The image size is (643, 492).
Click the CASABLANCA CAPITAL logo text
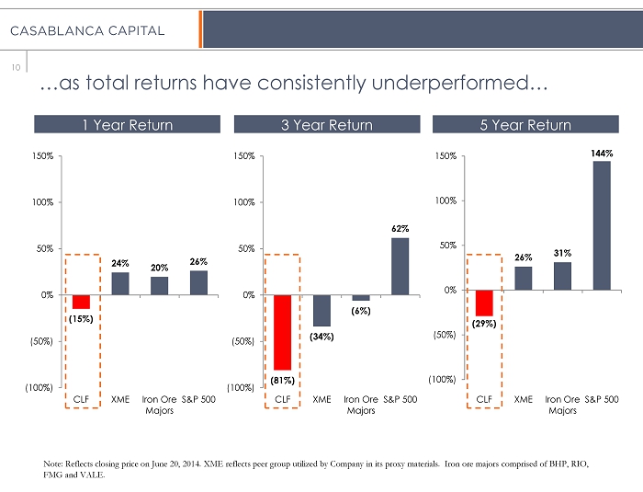point(87,31)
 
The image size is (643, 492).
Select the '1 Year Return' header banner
point(127,125)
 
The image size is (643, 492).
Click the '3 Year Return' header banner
point(327,125)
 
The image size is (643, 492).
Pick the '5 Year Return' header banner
point(525,125)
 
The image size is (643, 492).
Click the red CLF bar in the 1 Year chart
point(81,302)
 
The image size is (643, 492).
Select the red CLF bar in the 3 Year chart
point(283,332)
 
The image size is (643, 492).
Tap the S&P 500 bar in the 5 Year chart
point(602,225)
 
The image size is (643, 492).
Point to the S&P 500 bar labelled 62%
point(400,267)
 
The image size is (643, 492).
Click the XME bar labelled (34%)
point(321,311)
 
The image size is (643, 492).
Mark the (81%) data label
point(283,379)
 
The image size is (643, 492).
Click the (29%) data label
point(484,324)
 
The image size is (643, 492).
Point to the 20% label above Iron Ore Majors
point(159,268)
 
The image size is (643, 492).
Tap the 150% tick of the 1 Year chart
point(40,156)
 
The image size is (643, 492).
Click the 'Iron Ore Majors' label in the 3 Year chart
point(360,406)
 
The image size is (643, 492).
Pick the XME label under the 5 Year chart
point(523,400)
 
